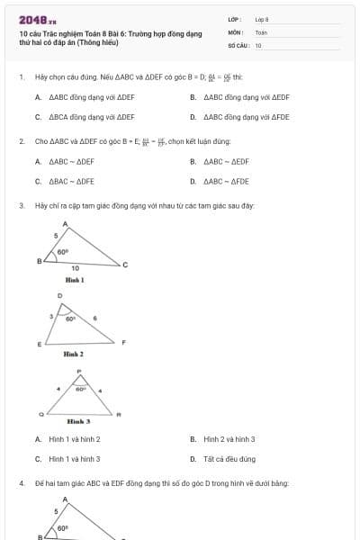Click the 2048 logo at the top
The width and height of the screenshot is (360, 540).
31,20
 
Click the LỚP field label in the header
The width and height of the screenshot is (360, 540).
234,19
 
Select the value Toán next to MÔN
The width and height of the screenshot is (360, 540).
261,31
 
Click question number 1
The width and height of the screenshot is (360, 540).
21,77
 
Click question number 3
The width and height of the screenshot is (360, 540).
21,206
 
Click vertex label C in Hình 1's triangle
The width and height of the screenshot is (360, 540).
125,265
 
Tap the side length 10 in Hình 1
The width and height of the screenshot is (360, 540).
75,268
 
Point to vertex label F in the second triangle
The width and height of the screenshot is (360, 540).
123,343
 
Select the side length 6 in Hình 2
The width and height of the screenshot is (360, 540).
95,319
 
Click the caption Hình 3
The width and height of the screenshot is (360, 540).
78,421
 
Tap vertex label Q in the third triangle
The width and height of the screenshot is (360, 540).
41,414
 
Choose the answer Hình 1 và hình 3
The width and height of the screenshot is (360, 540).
75,459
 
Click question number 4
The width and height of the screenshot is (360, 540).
21,483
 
